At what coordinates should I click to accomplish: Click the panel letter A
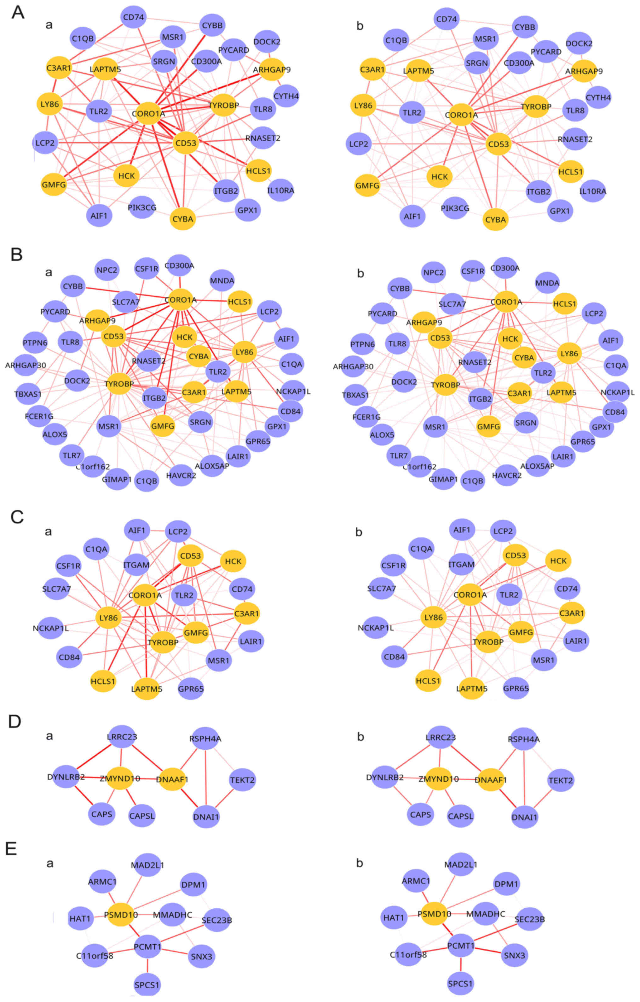(x=17, y=13)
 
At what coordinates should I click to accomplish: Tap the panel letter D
(x=15, y=722)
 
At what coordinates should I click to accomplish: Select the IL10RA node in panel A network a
(x=281, y=190)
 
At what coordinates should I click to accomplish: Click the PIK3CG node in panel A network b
(x=455, y=208)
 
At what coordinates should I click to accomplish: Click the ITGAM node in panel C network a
(x=136, y=565)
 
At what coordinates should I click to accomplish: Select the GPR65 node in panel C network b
(x=516, y=688)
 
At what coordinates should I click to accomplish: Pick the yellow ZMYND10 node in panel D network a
(x=120, y=778)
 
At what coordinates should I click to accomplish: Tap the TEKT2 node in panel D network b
(x=561, y=780)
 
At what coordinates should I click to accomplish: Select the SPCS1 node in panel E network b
(x=460, y=983)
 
